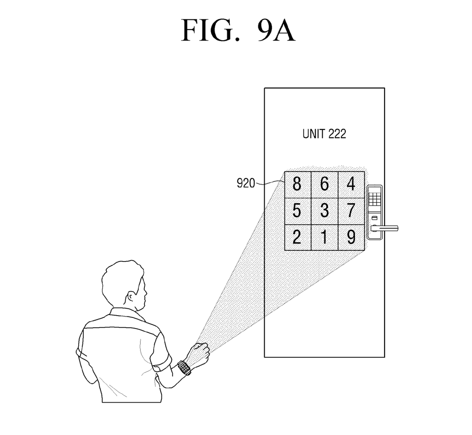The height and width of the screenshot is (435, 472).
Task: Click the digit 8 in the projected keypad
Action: [297, 184]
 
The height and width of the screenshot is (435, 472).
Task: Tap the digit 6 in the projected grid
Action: [324, 184]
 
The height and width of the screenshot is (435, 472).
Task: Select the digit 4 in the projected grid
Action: [351, 184]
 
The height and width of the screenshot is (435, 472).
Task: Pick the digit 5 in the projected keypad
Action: [297, 211]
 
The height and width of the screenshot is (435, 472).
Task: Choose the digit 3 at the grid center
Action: [324, 211]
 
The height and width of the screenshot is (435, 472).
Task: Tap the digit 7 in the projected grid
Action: [351, 211]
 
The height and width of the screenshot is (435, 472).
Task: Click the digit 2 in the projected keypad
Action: [297, 237]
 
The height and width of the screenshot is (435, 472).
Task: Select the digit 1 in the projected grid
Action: [324, 237]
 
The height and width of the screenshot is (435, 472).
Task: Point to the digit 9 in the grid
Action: [351, 237]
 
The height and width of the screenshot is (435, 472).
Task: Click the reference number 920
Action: [246, 184]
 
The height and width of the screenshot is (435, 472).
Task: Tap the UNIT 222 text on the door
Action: [324, 134]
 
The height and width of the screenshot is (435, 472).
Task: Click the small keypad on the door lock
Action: [375, 199]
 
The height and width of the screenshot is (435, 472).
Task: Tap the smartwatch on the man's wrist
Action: [184, 368]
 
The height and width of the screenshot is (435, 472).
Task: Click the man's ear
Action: [133, 297]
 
